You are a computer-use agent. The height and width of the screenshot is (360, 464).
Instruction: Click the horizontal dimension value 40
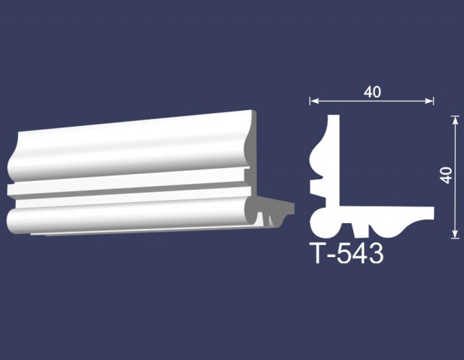372,92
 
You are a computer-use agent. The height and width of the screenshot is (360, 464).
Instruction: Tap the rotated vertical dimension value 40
446,175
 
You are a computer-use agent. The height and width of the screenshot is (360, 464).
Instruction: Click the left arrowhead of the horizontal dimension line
314,101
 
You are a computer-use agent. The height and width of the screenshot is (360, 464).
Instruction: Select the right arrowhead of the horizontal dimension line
430,101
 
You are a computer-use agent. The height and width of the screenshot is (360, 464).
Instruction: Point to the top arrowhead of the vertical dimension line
455,120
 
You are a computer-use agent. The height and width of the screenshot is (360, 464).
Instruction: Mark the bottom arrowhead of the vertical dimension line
455,234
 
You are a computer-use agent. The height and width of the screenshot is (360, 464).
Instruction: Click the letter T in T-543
318,254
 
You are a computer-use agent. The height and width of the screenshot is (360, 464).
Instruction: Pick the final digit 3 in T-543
376,254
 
